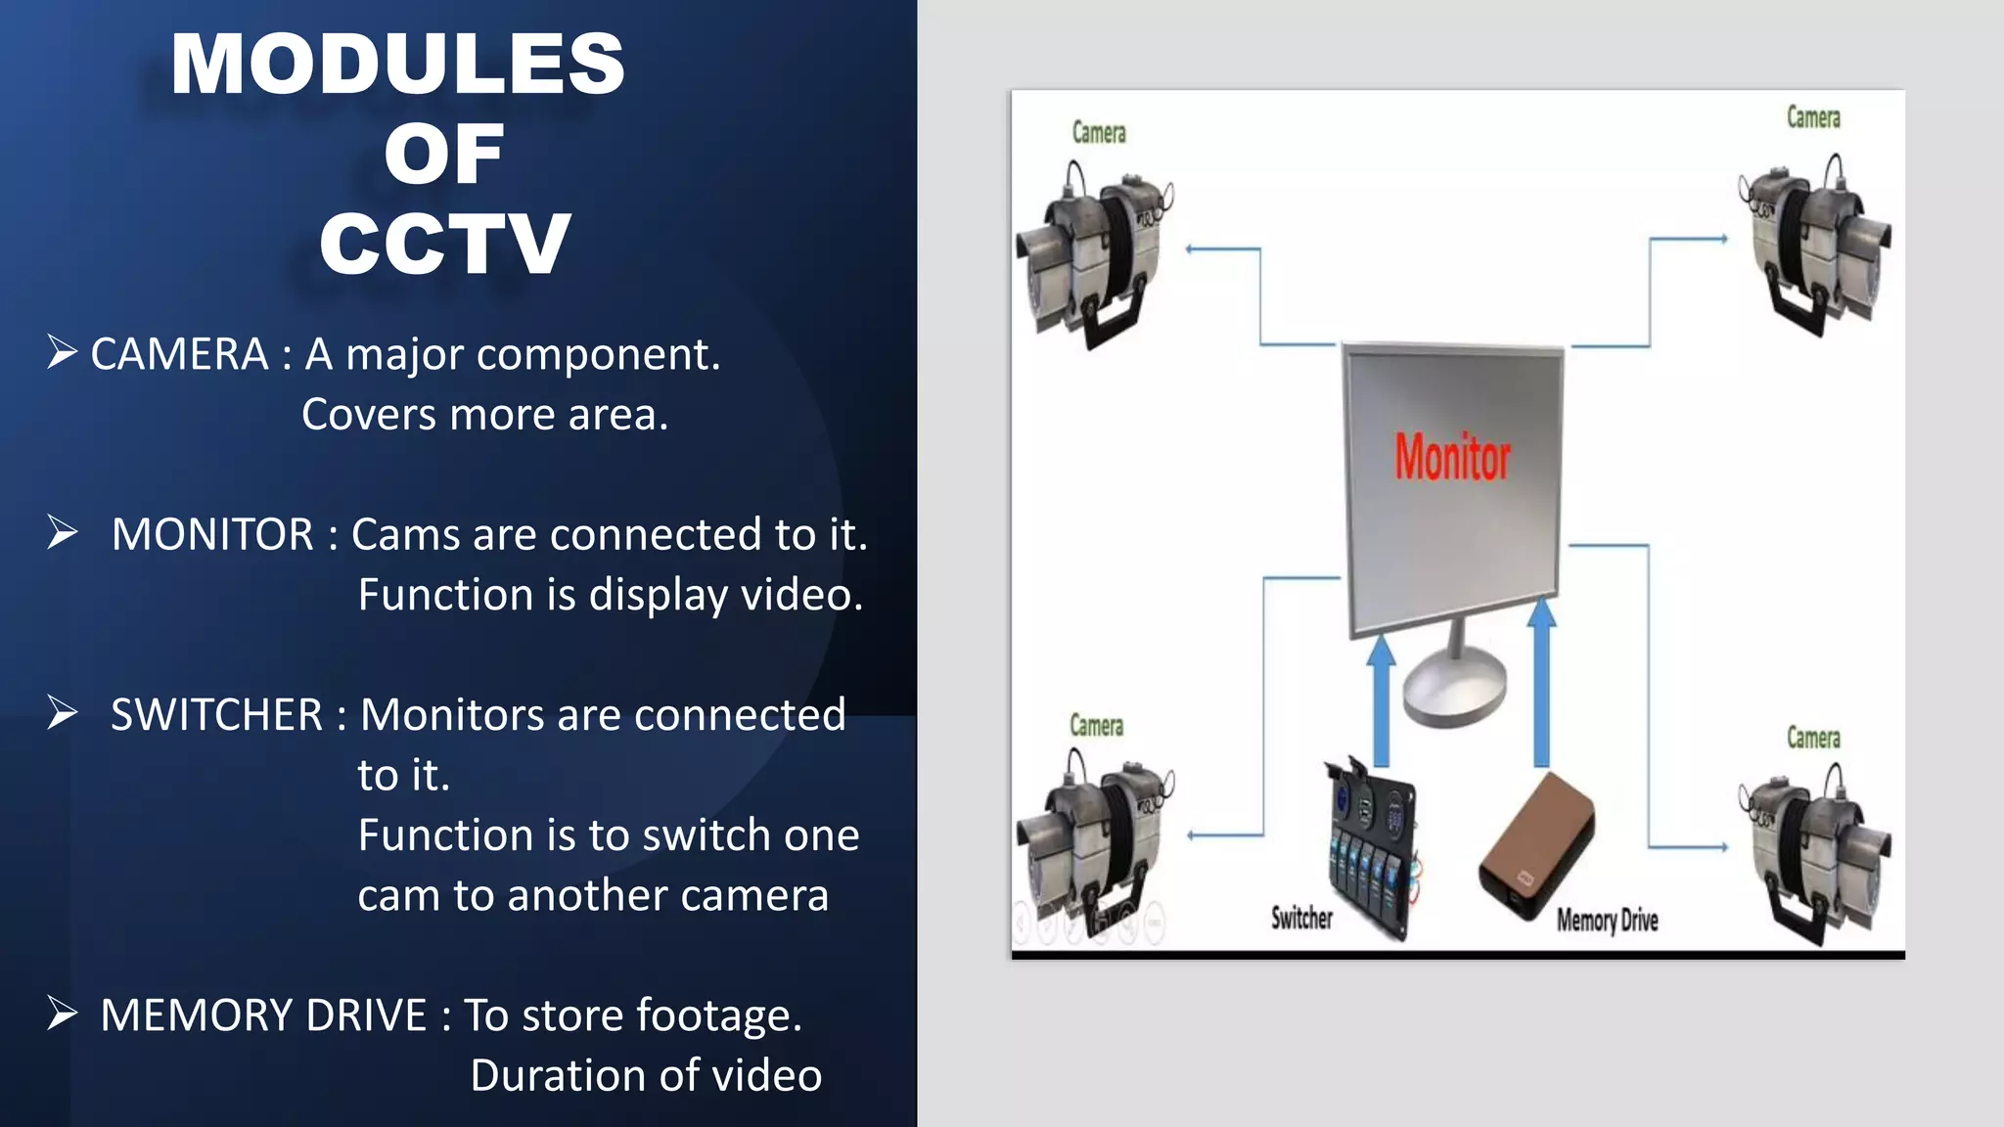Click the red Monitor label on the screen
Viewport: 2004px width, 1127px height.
tap(1452, 458)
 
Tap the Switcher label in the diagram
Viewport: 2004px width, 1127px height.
tap(1301, 918)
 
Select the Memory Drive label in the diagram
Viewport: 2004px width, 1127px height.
tap(1607, 921)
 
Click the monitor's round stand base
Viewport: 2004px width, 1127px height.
tap(1454, 691)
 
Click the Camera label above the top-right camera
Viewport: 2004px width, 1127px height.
tap(1813, 118)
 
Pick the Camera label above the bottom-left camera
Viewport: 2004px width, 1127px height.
tap(1096, 726)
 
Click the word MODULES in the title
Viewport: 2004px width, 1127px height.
tap(397, 65)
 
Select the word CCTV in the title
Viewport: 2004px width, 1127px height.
tap(444, 245)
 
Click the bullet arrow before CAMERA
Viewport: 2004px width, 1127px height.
tap(62, 352)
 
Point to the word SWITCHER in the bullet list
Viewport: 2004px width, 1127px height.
tap(216, 715)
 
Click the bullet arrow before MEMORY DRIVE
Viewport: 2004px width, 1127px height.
tap(62, 1014)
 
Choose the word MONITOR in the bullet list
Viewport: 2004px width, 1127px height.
tap(212, 535)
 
